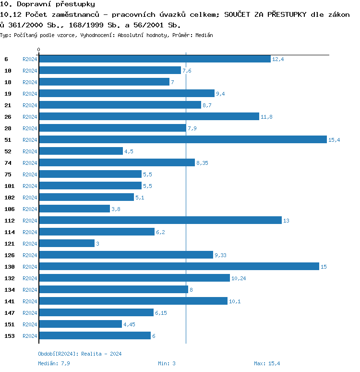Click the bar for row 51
[x=182, y=139]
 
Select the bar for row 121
[x=67, y=243]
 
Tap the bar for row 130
[x=179, y=266]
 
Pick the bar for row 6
[x=155, y=59]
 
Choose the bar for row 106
[x=74, y=209]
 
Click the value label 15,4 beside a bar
[x=334, y=140]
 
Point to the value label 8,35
[x=202, y=163]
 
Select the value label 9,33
[x=220, y=255]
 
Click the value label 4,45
[x=129, y=324]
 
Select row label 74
[x=8, y=163]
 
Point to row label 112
[x=10, y=221]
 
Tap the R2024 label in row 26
[x=30, y=117]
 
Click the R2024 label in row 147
[x=30, y=313]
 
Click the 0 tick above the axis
[x=39, y=50]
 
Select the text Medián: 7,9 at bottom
[x=54, y=363]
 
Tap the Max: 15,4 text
[x=267, y=363]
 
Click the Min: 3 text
[x=167, y=363]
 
